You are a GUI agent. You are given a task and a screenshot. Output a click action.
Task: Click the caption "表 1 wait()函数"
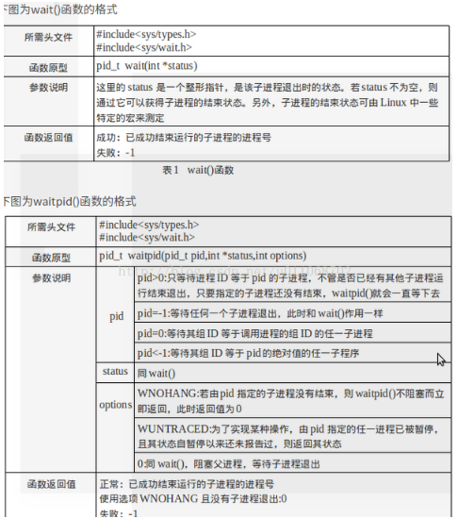tap(197, 170)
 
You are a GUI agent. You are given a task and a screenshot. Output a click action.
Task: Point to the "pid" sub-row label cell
tap(117, 315)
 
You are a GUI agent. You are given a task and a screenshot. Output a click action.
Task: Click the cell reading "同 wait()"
tap(156, 373)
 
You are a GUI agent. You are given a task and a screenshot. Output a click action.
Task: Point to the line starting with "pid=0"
tap(254, 334)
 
